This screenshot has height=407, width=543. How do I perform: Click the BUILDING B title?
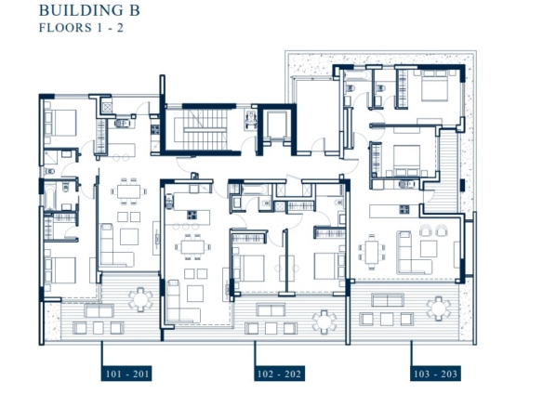point(89,10)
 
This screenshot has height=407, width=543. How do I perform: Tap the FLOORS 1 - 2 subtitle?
point(81,28)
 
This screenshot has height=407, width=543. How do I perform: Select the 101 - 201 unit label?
point(126,374)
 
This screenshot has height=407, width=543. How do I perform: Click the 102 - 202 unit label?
point(280,374)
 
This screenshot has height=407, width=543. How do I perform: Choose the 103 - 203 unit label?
point(435,374)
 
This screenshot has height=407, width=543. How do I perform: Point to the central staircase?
point(205,129)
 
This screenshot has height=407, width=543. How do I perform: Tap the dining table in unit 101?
point(128,191)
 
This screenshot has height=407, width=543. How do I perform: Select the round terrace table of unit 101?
point(140,299)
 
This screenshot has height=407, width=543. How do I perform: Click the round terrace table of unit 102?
point(324,322)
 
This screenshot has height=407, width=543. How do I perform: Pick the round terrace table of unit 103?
point(439,309)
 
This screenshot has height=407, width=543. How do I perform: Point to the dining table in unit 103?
point(372,252)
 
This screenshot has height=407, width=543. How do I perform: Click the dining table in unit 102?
point(192,247)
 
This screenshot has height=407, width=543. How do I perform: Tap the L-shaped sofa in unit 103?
point(414,253)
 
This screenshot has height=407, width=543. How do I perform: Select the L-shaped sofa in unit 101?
point(116,244)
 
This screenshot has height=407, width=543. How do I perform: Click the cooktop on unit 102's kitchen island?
point(192,216)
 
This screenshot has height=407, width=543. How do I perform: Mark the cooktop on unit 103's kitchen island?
point(404,209)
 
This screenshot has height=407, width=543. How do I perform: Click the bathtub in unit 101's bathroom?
point(50,197)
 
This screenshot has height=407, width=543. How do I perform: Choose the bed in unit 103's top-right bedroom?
point(434,85)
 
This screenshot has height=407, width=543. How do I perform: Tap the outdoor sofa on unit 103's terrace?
point(388,300)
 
